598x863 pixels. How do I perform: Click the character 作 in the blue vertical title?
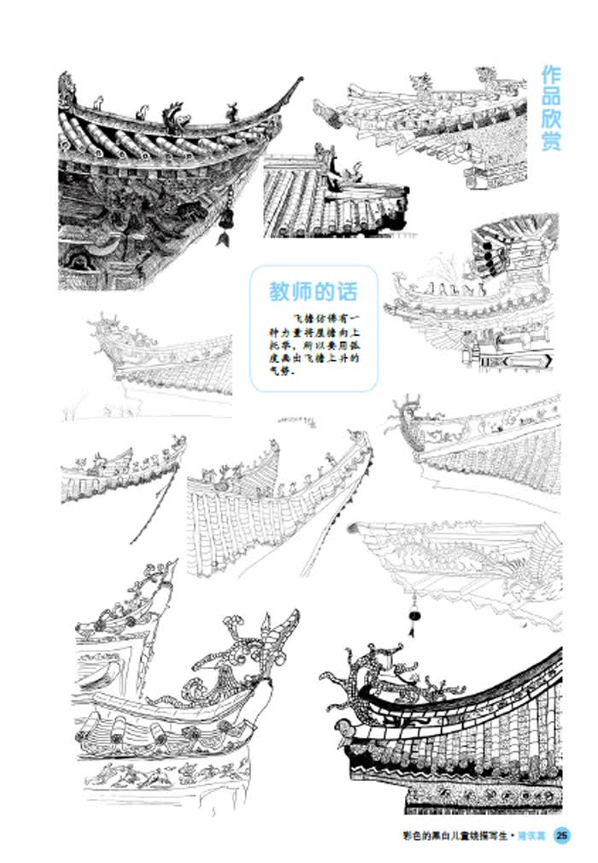(551, 75)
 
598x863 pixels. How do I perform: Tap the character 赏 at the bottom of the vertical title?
(551, 141)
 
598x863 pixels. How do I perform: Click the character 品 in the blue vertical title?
(551, 97)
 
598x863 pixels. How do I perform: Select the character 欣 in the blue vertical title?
(551, 120)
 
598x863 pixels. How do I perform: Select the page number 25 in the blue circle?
(561, 836)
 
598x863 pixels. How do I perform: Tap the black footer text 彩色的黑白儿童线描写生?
(455, 836)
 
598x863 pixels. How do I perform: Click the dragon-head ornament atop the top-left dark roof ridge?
(175, 115)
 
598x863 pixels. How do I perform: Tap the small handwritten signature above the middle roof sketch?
(297, 419)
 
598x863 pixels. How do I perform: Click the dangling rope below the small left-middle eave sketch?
(149, 513)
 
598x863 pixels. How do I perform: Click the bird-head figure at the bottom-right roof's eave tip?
(343, 728)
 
